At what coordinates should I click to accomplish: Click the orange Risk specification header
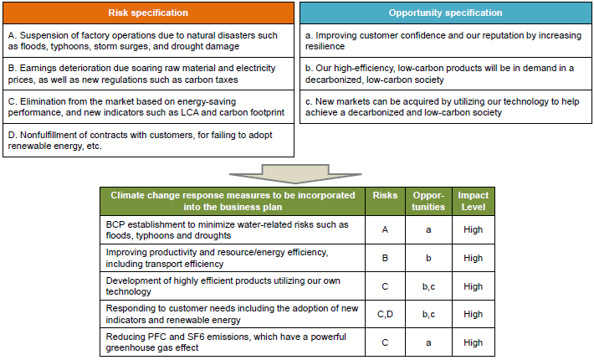148,13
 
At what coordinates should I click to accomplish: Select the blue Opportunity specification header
445,13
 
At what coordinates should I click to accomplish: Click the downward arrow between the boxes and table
297,172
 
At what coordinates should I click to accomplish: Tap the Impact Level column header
473,201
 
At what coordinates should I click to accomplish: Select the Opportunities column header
428,201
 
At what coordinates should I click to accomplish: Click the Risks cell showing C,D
385,315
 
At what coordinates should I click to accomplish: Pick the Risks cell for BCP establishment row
385,230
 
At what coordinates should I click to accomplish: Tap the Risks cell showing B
385,259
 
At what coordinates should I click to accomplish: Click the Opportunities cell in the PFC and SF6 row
428,342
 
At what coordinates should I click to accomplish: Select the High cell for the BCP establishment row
473,230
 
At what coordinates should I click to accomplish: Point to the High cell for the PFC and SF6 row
473,342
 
